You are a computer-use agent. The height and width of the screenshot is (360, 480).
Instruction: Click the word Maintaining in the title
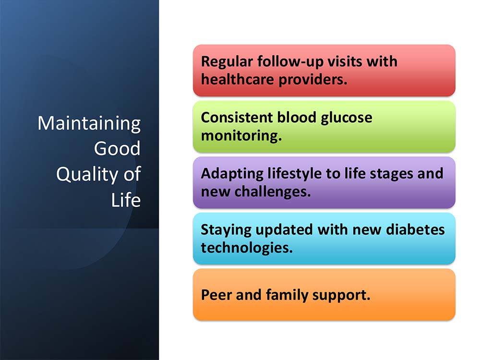coord(89,124)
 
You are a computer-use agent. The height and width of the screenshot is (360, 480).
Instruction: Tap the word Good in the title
coord(117,148)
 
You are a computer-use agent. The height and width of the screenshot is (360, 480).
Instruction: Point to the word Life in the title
coord(126,200)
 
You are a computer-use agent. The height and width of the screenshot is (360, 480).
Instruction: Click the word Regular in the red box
coord(227,62)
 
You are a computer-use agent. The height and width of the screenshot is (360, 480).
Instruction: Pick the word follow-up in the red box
coord(290,62)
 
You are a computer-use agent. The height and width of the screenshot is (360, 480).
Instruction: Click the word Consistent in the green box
coord(237,118)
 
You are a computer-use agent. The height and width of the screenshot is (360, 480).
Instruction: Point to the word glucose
coord(346,119)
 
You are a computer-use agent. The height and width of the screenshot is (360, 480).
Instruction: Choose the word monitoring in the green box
coord(241,136)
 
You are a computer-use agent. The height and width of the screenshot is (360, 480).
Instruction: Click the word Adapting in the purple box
coord(232,174)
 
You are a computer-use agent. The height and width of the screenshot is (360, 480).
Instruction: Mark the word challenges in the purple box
coord(273,192)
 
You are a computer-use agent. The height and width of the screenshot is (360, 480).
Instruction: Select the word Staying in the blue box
coord(226,230)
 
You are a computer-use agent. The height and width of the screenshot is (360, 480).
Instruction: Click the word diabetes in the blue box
coord(415,229)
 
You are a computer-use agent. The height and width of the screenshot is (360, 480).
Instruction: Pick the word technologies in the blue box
coord(247,248)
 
